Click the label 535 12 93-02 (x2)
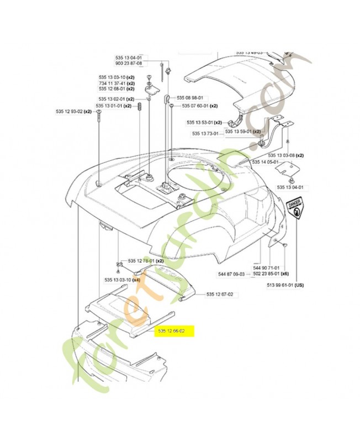tap(73, 112)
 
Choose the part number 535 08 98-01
tap(190, 97)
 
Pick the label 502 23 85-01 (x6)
tap(274, 273)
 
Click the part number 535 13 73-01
tap(207, 133)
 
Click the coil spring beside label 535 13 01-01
tap(140, 104)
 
